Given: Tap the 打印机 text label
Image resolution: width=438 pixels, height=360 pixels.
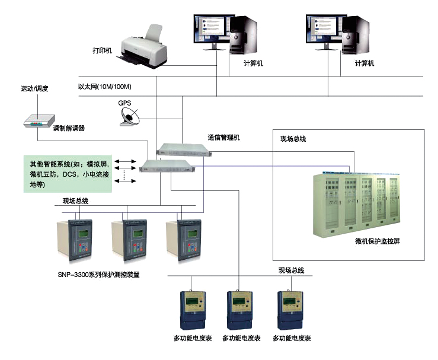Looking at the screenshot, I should click(x=102, y=50).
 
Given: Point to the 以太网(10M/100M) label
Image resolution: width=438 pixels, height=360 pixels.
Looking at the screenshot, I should click(x=104, y=87).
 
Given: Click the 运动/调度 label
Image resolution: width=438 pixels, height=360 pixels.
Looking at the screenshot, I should click(x=34, y=88).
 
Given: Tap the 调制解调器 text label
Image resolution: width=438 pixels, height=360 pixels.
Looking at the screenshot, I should click(x=69, y=128).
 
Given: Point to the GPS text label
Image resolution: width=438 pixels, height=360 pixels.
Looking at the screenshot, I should click(x=124, y=103).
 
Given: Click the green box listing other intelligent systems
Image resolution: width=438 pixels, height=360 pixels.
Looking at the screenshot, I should click(x=63, y=174).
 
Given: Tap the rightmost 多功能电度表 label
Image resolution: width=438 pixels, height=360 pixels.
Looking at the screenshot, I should click(x=292, y=339).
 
